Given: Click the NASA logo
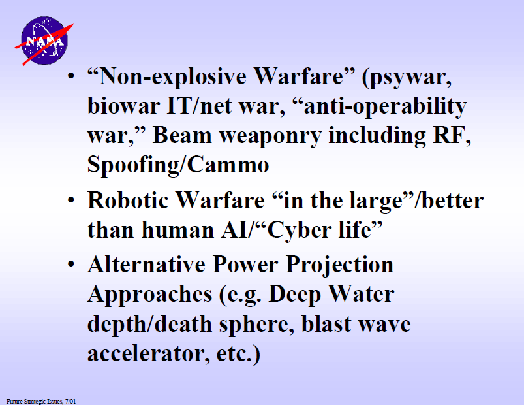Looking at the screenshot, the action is [44, 40].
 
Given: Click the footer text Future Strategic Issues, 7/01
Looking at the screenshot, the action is [41, 401].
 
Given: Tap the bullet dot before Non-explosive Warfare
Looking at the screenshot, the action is [71, 76].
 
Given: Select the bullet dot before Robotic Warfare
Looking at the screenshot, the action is [71, 200].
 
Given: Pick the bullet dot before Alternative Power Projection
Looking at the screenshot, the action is [71, 264].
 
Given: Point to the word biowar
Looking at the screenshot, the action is [123, 106].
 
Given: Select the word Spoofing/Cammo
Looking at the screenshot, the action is [178, 165].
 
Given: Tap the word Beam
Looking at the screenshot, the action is [182, 135].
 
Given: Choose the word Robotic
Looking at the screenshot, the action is [128, 201].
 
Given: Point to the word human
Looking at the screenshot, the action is [177, 230].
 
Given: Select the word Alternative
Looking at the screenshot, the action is [146, 265].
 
